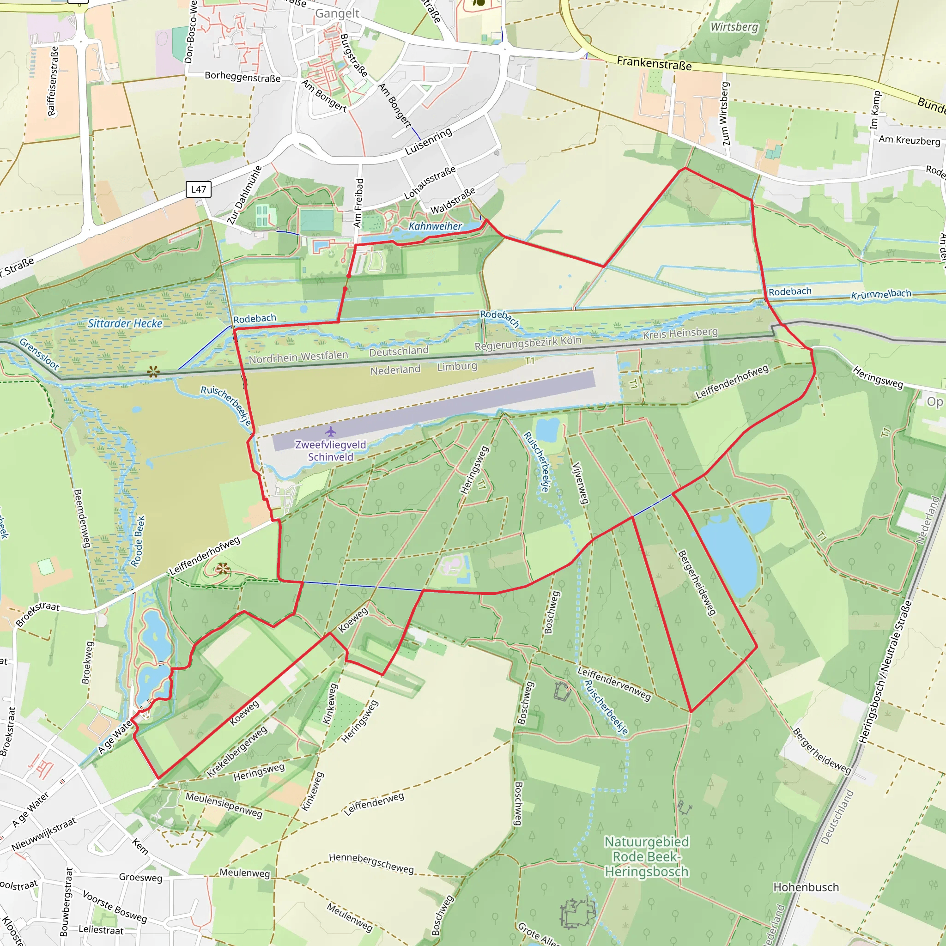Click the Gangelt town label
coord(337,13)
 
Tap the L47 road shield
coord(198,189)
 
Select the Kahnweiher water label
coord(435,226)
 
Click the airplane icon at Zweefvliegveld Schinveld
coord(331,431)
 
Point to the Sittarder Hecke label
coord(125,323)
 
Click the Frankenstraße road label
coord(654,63)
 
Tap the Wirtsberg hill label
coord(734,27)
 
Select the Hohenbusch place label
coord(806,887)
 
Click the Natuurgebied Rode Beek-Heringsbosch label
coord(646,856)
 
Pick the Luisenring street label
coord(429,141)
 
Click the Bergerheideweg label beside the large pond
coord(697,582)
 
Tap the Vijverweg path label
coord(580,483)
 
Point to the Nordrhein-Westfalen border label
coord(298,357)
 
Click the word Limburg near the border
coord(457,366)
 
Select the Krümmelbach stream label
coord(881,294)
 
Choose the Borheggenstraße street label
coord(243,76)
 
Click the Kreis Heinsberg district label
coord(680,334)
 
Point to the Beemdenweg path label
coord(82,518)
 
